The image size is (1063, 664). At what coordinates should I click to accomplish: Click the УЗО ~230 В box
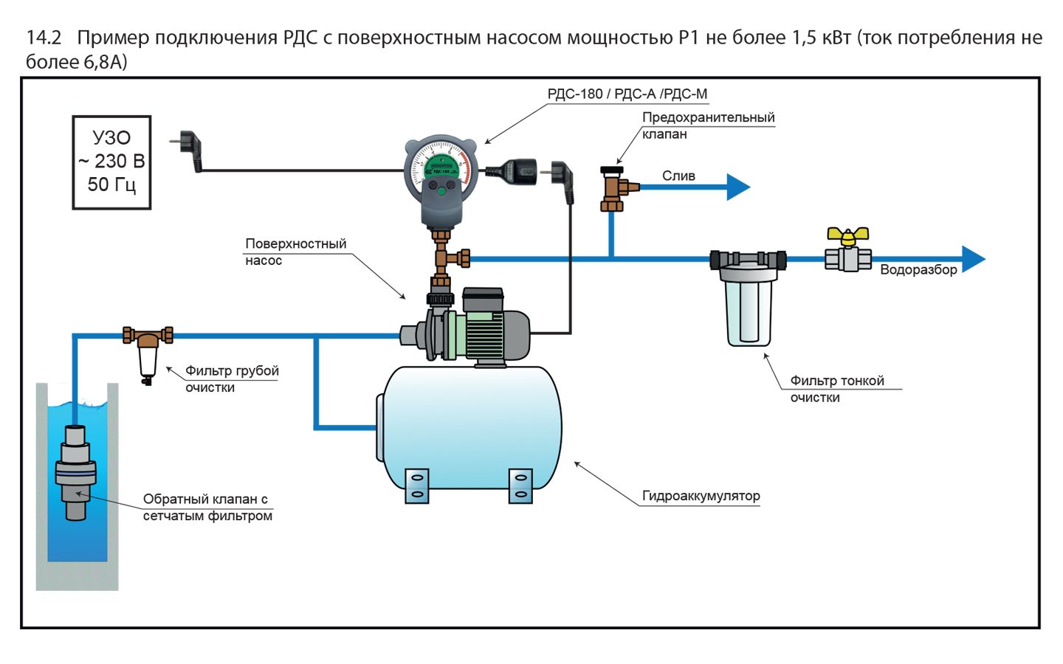coord(111,162)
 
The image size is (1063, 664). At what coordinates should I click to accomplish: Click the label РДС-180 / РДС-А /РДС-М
coord(627,94)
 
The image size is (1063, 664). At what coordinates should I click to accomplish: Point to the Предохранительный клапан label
coord(707,125)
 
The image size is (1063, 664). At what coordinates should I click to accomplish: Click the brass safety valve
coord(613,189)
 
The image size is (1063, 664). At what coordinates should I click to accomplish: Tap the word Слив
coord(678,176)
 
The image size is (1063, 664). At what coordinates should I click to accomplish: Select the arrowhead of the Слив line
coord(737,187)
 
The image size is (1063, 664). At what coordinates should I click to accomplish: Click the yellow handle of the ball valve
coord(847,236)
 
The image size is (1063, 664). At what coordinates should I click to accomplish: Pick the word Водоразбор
coord(918,270)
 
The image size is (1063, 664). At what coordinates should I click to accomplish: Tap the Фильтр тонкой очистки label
coord(836,389)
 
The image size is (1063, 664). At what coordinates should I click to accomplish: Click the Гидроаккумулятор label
coord(701,496)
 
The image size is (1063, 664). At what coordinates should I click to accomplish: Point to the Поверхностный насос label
coord(295,252)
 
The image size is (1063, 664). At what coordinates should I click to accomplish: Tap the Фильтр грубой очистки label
coord(231,378)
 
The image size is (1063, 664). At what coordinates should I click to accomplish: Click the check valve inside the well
coord(75,472)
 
